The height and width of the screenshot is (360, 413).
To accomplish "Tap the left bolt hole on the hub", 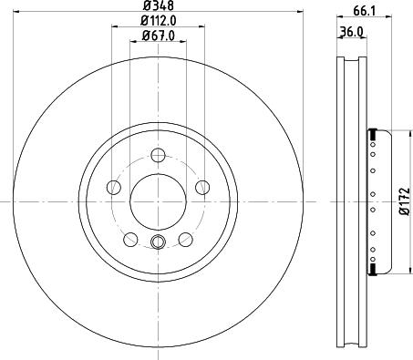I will [114, 187].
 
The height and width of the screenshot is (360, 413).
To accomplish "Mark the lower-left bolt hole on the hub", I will [130, 238].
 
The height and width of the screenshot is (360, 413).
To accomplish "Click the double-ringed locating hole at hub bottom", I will [157, 242].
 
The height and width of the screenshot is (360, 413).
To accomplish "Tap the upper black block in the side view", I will [372, 137].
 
